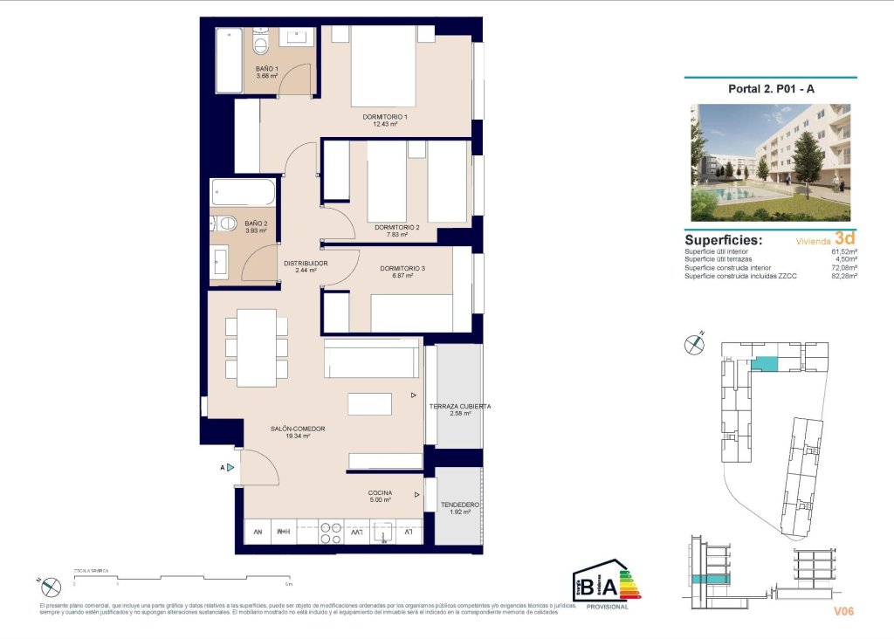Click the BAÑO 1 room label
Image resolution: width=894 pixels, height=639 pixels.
(x=267, y=68)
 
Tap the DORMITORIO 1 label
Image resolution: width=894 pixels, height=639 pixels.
(x=386, y=117)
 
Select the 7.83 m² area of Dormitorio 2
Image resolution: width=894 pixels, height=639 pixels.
(x=397, y=234)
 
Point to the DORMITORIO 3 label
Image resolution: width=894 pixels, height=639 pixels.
(x=402, y=268)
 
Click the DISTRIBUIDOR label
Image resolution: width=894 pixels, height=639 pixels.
(x=306, y=263)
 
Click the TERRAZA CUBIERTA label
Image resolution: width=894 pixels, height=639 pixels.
(x=459, y=406)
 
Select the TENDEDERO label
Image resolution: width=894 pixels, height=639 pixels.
(x=459, y=505)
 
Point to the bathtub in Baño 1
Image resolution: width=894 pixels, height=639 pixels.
(x=229, y=59)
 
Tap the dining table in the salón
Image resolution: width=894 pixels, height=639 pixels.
(x=257, y=347)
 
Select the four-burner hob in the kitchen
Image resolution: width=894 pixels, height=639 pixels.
(x=330, y=532)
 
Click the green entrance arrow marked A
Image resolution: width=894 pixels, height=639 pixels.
(x=230, y=468)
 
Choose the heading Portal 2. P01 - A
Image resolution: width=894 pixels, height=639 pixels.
(x=770, y=88)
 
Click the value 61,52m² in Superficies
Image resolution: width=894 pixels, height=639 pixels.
(x=843, y=251)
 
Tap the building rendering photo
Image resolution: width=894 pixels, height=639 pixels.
(x=770, y=162)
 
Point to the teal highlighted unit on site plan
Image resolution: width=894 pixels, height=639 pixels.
(x=765, y=364)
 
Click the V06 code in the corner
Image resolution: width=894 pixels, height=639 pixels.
(x=842, y=612)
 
